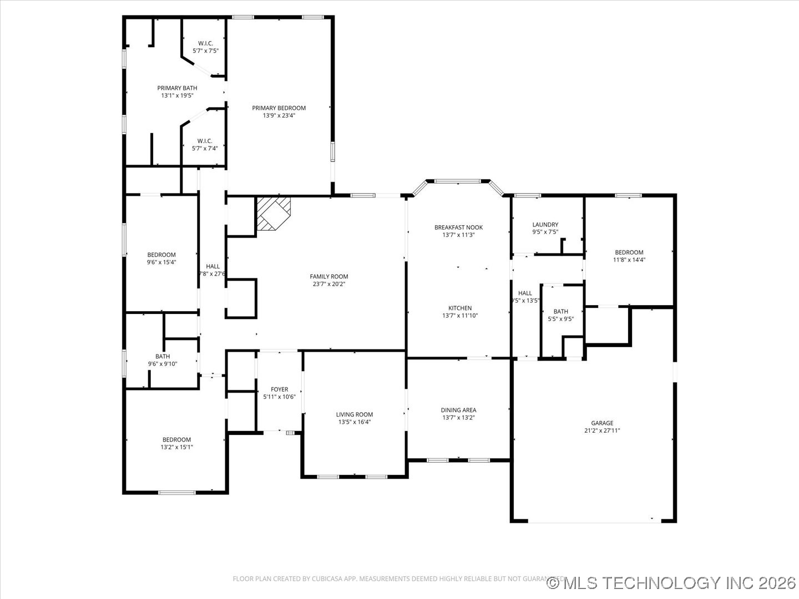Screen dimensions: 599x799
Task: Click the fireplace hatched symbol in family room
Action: coord(274,213)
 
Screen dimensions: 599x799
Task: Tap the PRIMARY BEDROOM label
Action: coord(279,108)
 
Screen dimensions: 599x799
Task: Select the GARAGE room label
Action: coord(601,423)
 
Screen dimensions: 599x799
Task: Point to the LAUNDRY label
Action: coord(545,225)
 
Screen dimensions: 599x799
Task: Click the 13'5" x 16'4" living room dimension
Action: coord(355,422)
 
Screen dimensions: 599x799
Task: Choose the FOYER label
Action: coord(279,389)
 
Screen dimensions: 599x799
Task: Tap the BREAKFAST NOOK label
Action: coord(458,227)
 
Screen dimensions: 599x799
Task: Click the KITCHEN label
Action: coord(460,308)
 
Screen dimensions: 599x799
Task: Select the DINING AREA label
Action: coord(458,410)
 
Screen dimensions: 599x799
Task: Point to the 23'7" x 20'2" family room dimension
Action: coord(329,284)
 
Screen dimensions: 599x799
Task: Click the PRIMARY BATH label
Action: coord(177,88)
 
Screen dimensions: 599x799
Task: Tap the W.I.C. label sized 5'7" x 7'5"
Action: coord(205,43)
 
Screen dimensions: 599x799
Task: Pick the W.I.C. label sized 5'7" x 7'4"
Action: coord(205,141)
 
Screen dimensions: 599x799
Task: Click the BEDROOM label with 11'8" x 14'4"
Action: coord(629,252)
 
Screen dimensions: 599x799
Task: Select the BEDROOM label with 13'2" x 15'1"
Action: coord(176,440)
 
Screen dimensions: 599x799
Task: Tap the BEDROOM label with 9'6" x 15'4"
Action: coord(161,255)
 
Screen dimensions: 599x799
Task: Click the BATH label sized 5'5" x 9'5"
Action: coord(560,312)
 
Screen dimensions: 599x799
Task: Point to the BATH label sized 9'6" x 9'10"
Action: coord(163,357)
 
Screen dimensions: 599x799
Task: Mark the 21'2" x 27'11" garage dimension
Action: coord(601,430)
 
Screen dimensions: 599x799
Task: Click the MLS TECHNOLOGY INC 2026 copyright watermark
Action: coord(671,583)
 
